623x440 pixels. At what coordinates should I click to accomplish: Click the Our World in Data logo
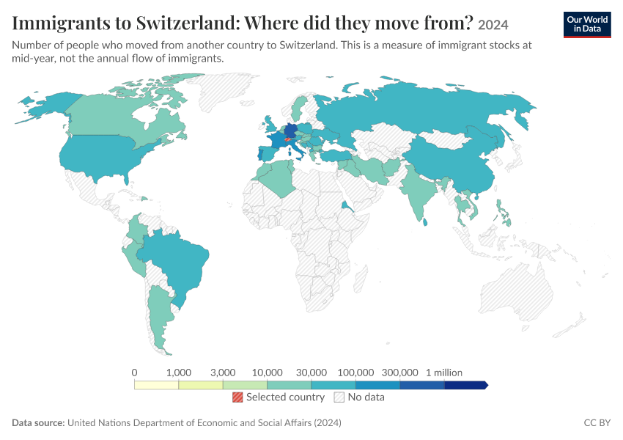coord(587,25)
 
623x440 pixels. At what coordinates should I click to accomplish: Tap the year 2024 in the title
coord(493,25)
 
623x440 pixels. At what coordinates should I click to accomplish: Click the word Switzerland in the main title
coord(186,23)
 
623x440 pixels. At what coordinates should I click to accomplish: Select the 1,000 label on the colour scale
coord(178,373)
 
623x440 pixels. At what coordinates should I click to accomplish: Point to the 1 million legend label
coord(444,373)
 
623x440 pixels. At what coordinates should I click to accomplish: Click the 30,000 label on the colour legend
coord(311,373)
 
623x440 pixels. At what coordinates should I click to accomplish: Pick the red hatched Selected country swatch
coord(237,397)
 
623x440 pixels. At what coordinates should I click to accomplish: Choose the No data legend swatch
coord(339,397)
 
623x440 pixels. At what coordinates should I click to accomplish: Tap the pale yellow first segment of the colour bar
coord(157,385)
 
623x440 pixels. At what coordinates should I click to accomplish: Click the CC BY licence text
coord(597,423)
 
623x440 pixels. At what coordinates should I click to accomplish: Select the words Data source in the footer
coord(38,423)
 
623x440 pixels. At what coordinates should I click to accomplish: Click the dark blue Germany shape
coord(291,131)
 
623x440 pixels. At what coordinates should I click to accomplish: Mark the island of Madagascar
coord(361,278)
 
